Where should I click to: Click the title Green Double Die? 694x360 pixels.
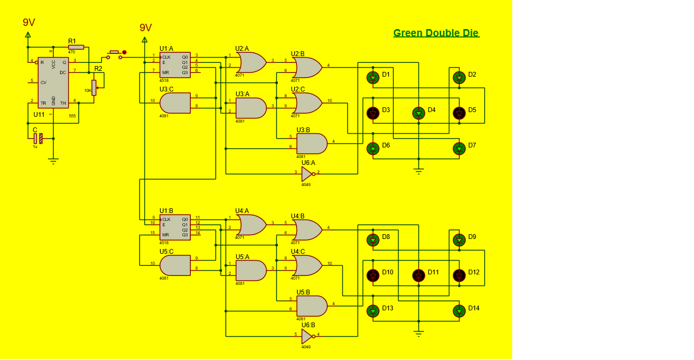tap(436, 33)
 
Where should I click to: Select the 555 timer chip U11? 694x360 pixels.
tap(53, 82)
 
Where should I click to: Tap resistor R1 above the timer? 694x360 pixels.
tap(76, 47)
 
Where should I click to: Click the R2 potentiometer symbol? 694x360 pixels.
tap(94, 88)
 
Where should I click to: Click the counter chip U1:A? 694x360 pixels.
tap(175, 65)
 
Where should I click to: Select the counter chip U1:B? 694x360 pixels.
tap(175, 227)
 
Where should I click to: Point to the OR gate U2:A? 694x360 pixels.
tap(251, 62)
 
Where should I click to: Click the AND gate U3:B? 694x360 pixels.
tap(311, 143)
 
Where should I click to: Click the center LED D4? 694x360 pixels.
tap(419, 113)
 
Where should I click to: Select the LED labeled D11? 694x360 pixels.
tap(419, 275)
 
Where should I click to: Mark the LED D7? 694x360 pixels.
tap(459, 149)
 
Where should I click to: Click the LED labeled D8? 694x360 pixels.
tap(373, 239)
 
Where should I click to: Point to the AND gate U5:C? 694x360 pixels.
tap(175, 265)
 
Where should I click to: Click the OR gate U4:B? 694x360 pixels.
tap(307, 230)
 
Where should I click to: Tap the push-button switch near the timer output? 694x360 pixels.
tap(115, 54)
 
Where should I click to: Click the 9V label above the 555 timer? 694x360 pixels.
tap(29, 22)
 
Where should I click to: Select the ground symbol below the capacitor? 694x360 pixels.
tap(53, 160)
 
